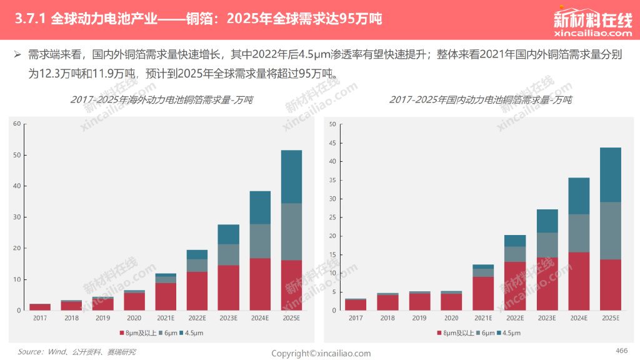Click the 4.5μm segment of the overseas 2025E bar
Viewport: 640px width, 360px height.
point(291,176)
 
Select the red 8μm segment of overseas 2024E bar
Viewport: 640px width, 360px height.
point(260,284)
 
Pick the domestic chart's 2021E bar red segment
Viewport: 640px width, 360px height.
point(482,293)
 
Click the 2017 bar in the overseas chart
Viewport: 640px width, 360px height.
point(40,307)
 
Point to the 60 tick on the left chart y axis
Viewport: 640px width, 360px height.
point(17,124)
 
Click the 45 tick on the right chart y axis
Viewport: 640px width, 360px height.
point(332,143)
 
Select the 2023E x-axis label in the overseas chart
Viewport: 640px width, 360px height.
point(229,318)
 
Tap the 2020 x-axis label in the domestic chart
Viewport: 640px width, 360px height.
point(451,318)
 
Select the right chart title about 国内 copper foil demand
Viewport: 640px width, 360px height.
point(480,100)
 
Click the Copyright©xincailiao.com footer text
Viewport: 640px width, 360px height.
point(321,354)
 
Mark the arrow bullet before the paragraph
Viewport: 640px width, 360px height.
point(17,55)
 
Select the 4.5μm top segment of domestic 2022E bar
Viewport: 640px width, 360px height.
point(514,241)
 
